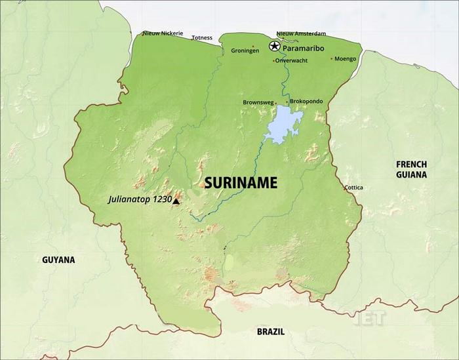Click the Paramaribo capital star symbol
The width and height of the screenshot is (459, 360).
(274, 46)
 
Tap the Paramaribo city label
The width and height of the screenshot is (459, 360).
(304, 47)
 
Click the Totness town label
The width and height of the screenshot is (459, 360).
(202, 38)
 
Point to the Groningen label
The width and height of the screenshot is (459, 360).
(245, 50)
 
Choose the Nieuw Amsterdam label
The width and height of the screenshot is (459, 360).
(301, 33)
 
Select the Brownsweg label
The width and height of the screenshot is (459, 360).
(257, 102)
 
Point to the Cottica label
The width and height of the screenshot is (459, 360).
(354, 188)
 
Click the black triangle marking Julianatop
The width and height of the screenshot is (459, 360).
(176, 201)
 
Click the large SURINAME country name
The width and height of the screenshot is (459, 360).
(241, 183)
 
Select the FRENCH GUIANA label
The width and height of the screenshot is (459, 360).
(411, 169)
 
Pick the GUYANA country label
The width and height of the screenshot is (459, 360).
(58, 260)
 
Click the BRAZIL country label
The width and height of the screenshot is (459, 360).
(270, 332)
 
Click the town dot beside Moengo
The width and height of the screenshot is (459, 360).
(331, 58)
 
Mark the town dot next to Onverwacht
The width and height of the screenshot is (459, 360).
(273, 61)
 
